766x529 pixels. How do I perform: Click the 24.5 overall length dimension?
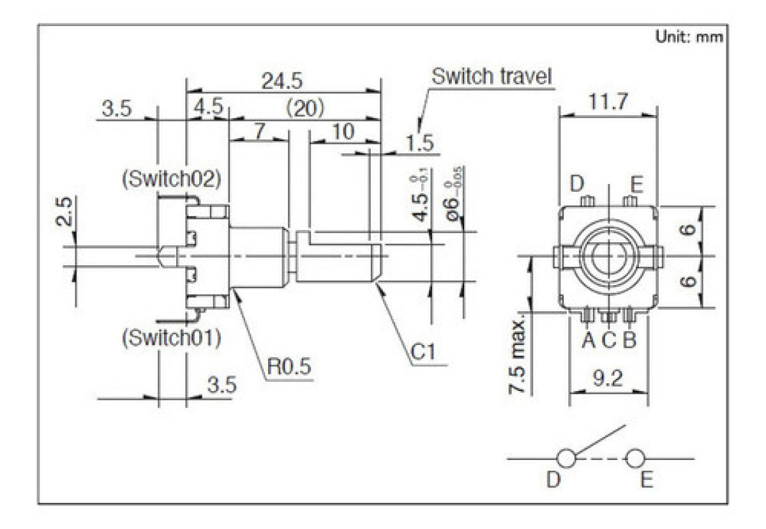pyautogui.click(x=282, y=80)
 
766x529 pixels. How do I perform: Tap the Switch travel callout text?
pyautogui.click(x=491, y=77)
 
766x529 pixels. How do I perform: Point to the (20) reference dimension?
pyautogui.click(x=305, y=108)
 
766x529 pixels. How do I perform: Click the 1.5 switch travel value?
pyautogui.click(x=419, y=142)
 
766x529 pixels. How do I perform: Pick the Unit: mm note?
pyautogui.click(x=689, y=37)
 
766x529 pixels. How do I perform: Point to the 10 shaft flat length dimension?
pyautogui.click(x=343, y=132)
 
